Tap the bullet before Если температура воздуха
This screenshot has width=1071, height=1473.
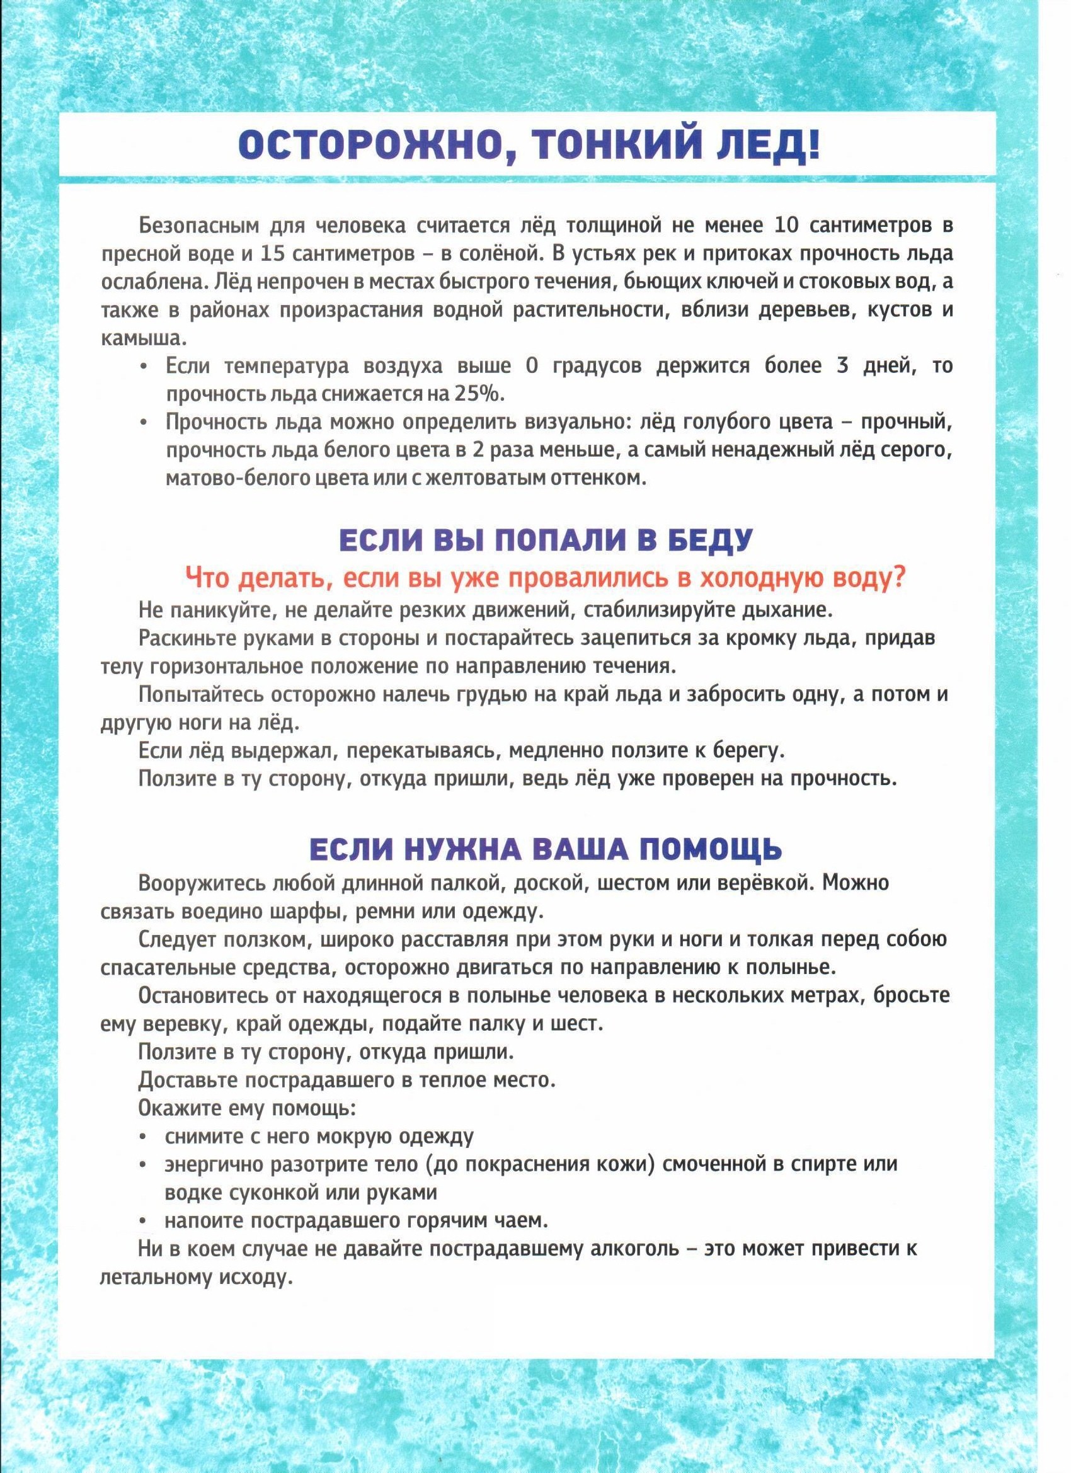pyautogui.click(x=144, y=367)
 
